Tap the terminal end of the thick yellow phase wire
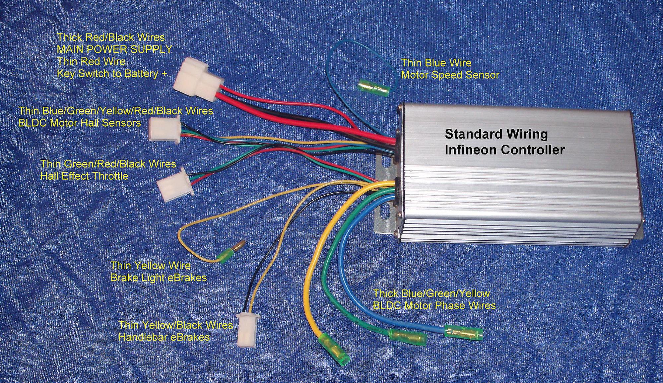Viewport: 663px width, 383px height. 334,351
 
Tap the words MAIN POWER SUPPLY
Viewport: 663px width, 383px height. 114,49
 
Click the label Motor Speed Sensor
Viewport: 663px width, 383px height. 450,75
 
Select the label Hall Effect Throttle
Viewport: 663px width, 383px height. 84,175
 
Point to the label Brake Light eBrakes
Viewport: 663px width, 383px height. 159,277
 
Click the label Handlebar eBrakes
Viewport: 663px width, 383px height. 164,337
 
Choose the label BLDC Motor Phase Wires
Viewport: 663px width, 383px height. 434,305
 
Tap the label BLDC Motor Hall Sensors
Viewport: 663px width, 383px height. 80,123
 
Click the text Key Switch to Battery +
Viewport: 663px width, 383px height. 112,73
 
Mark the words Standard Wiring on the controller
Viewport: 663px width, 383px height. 496,134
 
